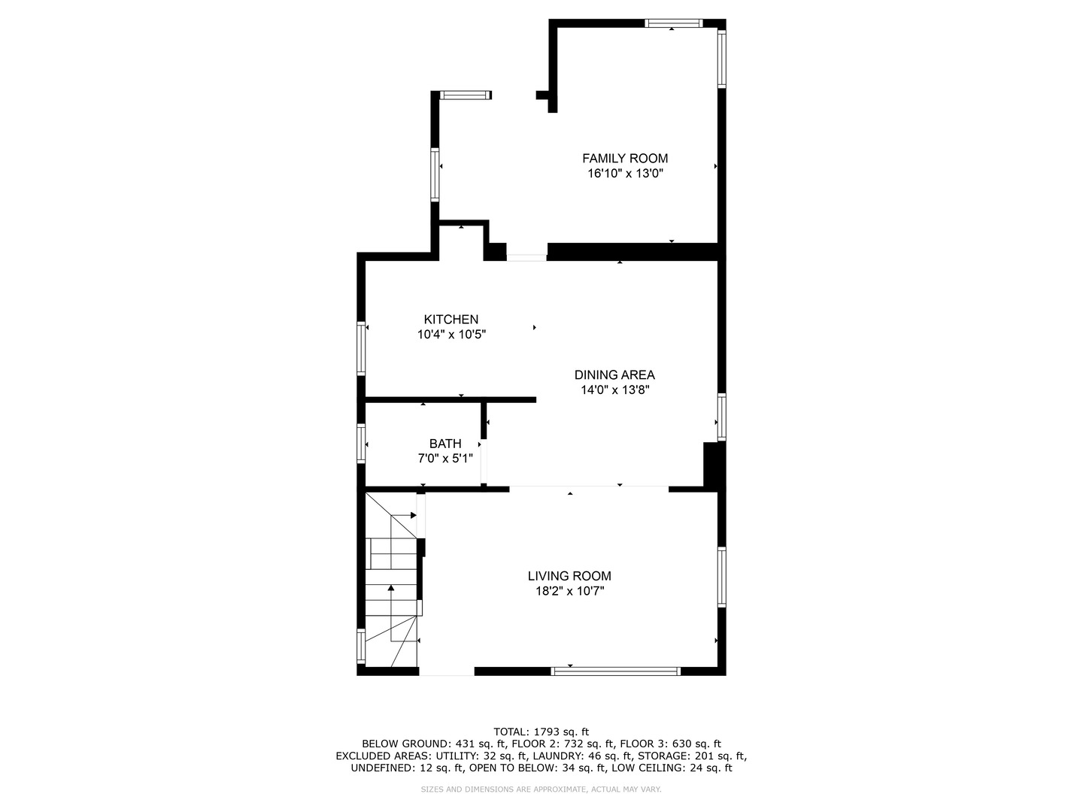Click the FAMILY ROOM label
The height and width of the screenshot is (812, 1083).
[x=625, y=158]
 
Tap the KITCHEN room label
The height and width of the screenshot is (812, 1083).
[x=451, y=320]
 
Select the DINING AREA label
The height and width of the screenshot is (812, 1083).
[x=614, y=374]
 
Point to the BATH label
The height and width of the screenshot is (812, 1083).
[x=445, y=444]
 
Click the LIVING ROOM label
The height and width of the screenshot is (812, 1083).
[x=569, y=576]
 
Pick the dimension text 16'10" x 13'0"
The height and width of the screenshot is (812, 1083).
[x=625, y=174]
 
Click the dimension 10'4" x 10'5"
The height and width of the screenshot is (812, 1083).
[x=451, y=335]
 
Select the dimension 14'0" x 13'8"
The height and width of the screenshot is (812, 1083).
[x=614, y=390]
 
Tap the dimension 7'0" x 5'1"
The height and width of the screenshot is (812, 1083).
[x=445, y=459]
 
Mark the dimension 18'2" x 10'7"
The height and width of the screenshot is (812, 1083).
[x=570, y=591]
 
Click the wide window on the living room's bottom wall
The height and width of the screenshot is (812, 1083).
[x=615, y=671]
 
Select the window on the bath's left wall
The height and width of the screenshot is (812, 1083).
[x=361, y=444]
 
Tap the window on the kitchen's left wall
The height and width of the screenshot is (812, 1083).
[x=361, y=349]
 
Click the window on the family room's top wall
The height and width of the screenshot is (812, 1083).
[x=673, y=23]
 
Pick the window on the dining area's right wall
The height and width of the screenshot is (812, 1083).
[x=721, y=417]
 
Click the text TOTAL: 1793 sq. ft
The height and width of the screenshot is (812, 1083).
[x=541, y=732]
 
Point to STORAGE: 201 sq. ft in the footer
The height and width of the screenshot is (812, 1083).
[x=692, y=756]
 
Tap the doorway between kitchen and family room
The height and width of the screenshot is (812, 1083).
[x=526, y=257]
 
